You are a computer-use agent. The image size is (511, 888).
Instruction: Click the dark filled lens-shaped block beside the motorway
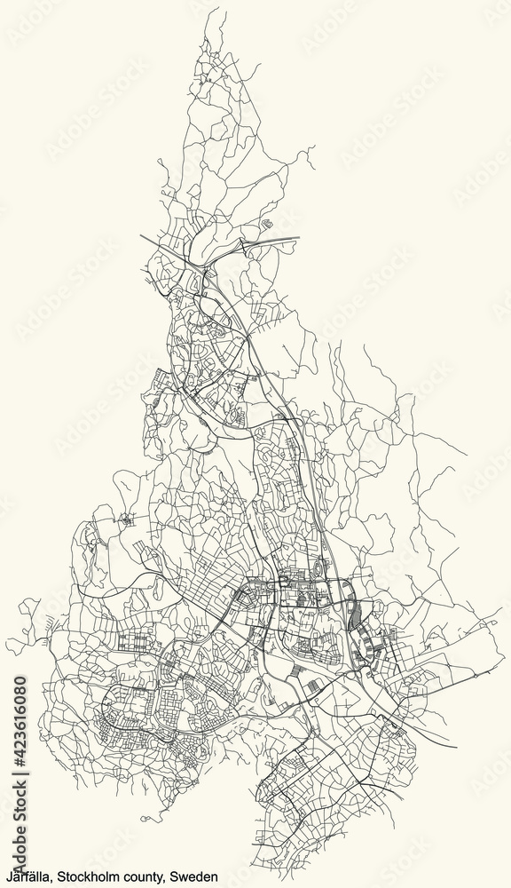[356, 614]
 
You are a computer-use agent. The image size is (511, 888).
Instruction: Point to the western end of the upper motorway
[142, 236]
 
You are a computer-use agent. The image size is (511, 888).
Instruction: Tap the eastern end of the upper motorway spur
[298, 238]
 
